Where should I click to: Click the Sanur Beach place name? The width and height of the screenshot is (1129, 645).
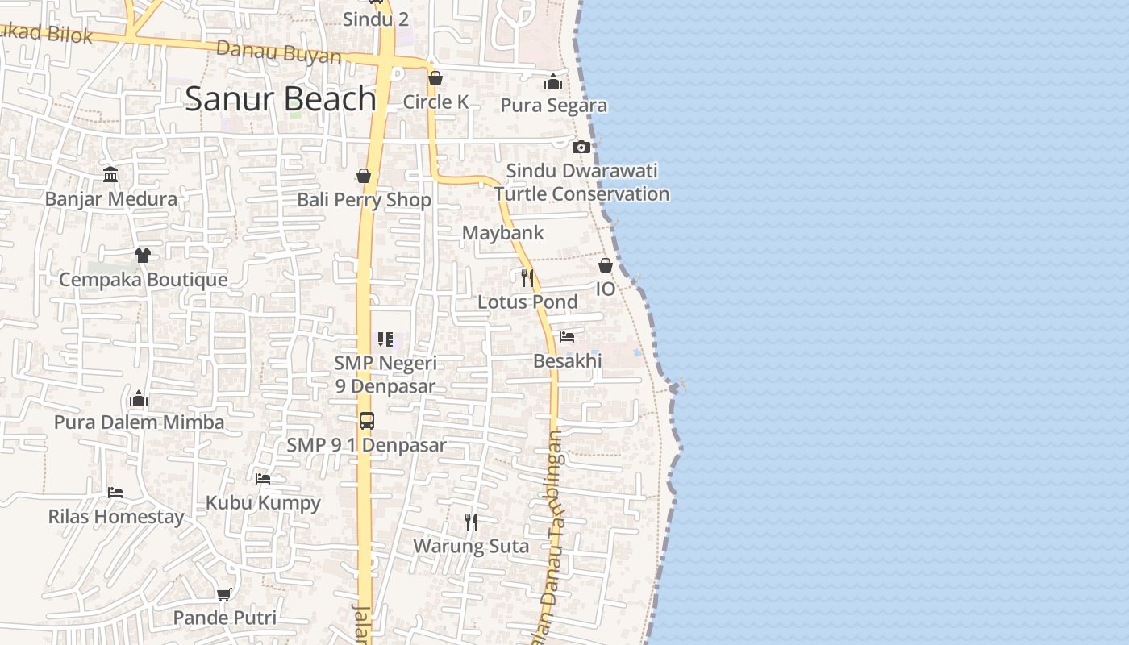tap(281, 98)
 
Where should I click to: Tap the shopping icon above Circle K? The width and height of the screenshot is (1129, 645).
tap(435, 78)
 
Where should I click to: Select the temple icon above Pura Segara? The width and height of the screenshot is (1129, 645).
tap(553, 81)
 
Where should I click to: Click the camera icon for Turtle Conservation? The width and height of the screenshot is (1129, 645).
tap(581, 147)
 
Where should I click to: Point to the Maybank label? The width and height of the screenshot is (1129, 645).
tap(502, 233)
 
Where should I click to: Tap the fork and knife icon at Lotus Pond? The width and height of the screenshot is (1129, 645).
tap(527, 278)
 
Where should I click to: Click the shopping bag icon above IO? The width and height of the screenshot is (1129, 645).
tap(606, 265)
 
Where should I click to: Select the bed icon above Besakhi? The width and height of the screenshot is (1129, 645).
tap(567, 337)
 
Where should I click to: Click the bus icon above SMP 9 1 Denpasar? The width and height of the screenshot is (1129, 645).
tap(366, 421)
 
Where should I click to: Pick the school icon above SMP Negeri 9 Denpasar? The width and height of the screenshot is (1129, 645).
tap(385, 339)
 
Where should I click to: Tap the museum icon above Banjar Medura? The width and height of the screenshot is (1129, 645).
tap(110, 175)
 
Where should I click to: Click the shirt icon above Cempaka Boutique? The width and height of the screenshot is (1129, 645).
tap(143, 256)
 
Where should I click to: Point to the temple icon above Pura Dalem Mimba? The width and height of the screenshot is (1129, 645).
tap(139, 398)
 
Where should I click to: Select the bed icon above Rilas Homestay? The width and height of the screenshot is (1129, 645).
tap(115, 493)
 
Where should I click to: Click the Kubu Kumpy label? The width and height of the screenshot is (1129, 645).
tap(263, 502)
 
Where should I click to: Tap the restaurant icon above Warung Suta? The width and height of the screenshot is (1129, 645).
tap(471, 522)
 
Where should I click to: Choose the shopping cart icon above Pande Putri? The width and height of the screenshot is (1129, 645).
tap(224, 594)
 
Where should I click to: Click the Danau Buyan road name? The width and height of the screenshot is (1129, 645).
tap(279, 52)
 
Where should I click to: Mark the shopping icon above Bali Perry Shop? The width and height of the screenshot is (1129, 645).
tap(364, 176)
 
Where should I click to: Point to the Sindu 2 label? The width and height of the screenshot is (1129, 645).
tap(375, 19)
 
